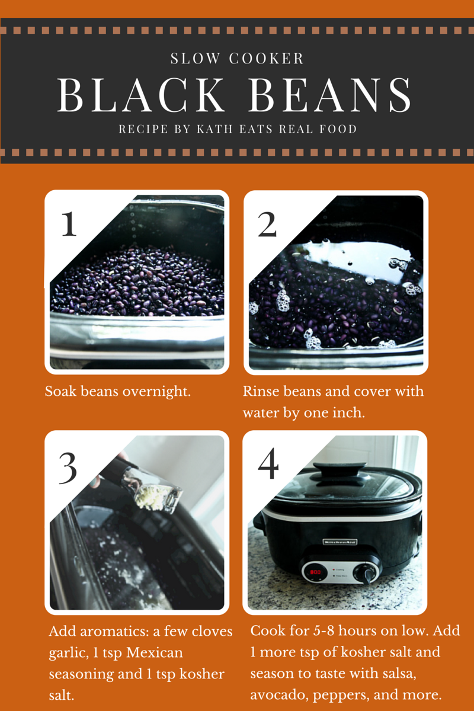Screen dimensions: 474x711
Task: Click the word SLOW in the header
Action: (x=195, y=59)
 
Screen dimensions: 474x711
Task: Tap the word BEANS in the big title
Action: (x=329, y=95)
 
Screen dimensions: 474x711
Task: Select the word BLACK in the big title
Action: (x=141, y=95)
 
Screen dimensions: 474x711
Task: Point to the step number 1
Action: (x=69, y=224)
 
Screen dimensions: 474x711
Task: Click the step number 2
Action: (x=267, y=225)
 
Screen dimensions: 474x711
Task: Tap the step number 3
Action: (x=68, y=468)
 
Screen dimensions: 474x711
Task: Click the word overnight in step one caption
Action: (x=156, y=392)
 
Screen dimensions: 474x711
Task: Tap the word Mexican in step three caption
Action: (x=155, y=653)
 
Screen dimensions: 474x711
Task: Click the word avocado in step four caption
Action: (x=280, y=695)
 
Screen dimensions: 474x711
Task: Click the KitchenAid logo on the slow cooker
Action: (x=340, y=542)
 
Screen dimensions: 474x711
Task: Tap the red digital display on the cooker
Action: (x=315, y=572)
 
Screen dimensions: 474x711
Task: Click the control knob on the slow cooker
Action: (x=367, y=572)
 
